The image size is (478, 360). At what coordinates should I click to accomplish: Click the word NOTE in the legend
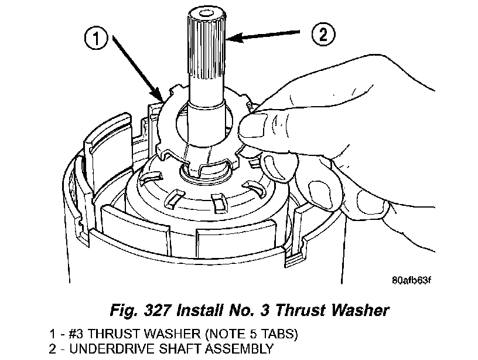220,335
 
